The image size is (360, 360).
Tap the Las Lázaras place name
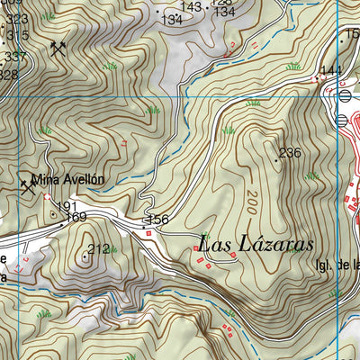click(255, 244)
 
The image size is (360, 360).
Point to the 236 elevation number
click(289, 153)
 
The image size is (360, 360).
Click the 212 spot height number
click(99, 248)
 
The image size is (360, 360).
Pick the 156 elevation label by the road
click(157, 220)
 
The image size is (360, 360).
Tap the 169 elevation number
click(76, 217)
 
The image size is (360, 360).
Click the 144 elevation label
click(330, 70)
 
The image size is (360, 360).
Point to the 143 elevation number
click(191, 6)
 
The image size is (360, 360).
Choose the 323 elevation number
click(16, 19)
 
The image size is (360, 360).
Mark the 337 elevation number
click(14, 57)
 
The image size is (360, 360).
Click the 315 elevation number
click(17, 35)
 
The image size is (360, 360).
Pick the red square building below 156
click(150, 234)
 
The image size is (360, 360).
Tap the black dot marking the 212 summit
click(85, 256)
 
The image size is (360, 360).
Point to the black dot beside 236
click(276, 159)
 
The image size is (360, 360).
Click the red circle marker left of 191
click(47, 197)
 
